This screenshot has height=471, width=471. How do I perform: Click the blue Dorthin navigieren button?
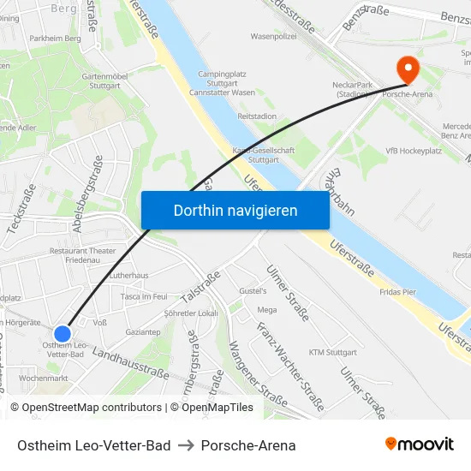click(x=235, y=210)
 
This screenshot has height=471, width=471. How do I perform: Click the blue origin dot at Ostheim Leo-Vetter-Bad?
click(x=63, y=333)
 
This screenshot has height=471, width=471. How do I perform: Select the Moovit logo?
click(x=420, y=444)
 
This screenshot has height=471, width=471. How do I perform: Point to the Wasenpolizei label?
click(x=273, y=37)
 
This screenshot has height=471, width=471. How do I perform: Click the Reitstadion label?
click(x=257, y=116)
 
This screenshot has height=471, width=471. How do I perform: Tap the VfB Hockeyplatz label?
click(x=414, y=151)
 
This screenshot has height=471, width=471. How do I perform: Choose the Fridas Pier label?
click(x=397, y=292)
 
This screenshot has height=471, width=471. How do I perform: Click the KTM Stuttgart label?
click(x=332, y=352)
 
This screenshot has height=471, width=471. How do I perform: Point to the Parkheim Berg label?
click(x=55, y=39)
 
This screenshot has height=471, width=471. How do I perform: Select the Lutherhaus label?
click(x=129, y=276)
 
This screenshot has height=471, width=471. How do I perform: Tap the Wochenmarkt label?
click(x=43, y=378)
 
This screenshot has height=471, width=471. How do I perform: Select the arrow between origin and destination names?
click(x=186, y=445)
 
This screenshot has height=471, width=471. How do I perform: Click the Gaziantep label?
click(x=142, y=331)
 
